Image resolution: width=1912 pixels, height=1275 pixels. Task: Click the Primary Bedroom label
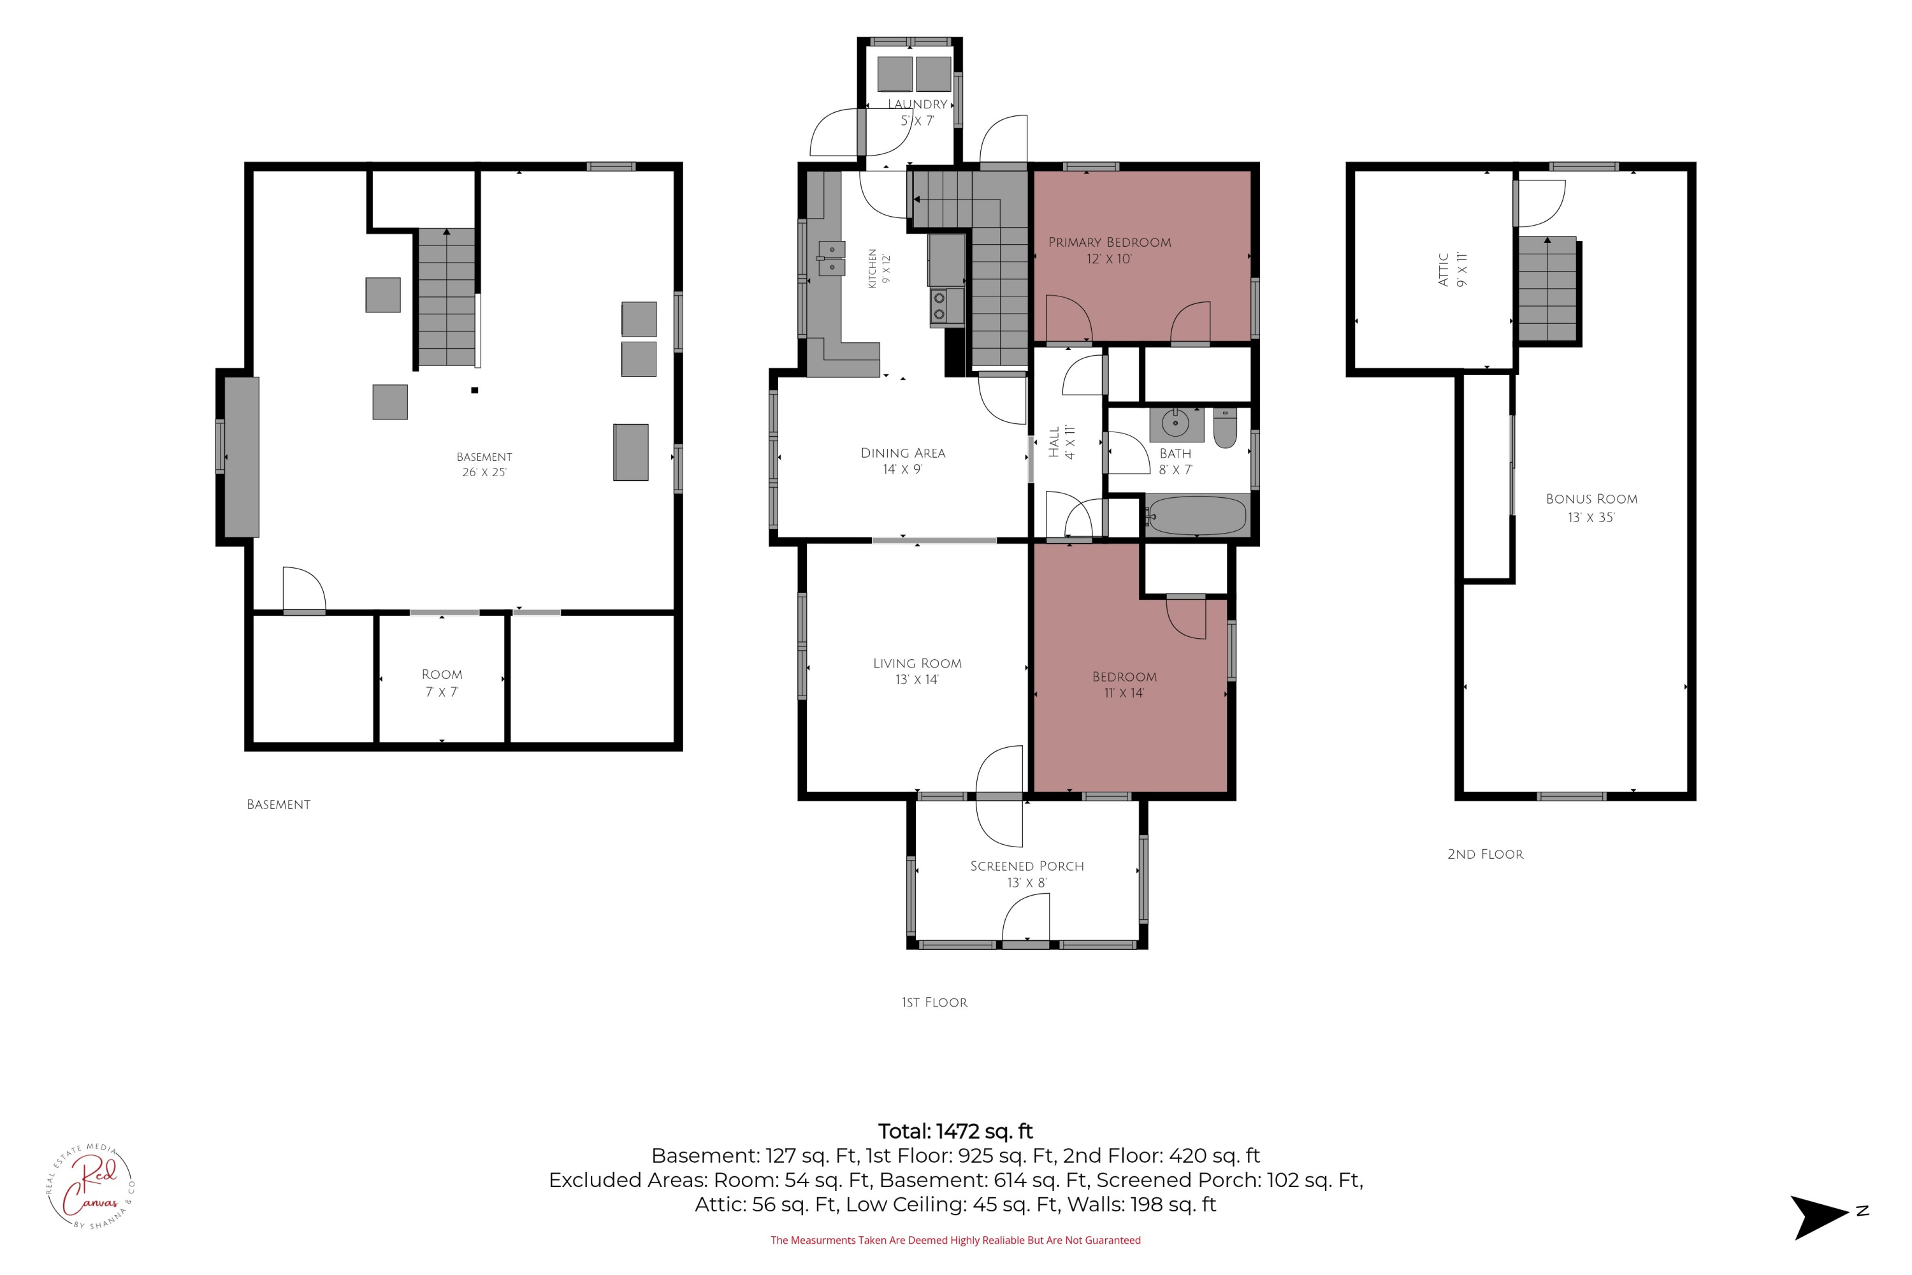coord(1109,242)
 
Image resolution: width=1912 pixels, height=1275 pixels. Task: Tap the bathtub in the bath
coord(1197,514)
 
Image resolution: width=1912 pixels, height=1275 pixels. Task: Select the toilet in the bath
coord(1225,428)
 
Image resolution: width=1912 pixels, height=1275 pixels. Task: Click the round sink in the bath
coord(1175,425)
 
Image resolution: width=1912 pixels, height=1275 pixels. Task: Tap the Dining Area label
coord(902,453)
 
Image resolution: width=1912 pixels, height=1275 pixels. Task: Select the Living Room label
coord(917,664)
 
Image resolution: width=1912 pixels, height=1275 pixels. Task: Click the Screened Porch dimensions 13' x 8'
coord(1027,883)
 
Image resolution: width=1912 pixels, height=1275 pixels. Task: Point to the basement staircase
coord(446,297)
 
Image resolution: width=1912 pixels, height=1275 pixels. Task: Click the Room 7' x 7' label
coord(442,683)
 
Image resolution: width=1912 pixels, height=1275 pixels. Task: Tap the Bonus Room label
coord(1591,499)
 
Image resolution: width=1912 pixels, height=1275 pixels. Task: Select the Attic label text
coord(1444,269)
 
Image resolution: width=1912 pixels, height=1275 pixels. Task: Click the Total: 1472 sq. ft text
coord(955,1131)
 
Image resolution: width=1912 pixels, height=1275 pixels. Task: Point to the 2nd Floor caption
coord(1485,854)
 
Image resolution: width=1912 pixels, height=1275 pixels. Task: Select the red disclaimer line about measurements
coord(955,1240)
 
